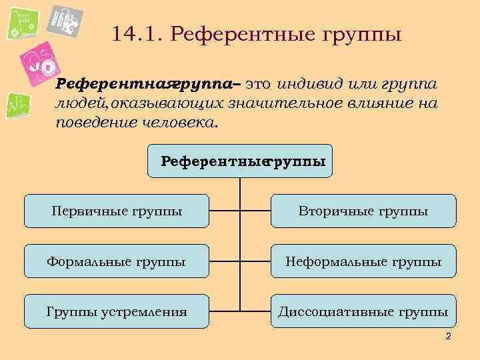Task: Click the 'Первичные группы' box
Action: pos(117,211)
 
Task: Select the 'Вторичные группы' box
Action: pos(363,211)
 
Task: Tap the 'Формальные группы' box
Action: pos(117,261)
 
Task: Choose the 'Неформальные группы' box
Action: pos(363,261)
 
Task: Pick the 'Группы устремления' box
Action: pos(117,311)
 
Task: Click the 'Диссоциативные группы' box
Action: pos(363,311)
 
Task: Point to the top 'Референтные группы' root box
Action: pos(240,161)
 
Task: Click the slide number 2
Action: pos(449,336)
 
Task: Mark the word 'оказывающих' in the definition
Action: pos(170,104)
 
